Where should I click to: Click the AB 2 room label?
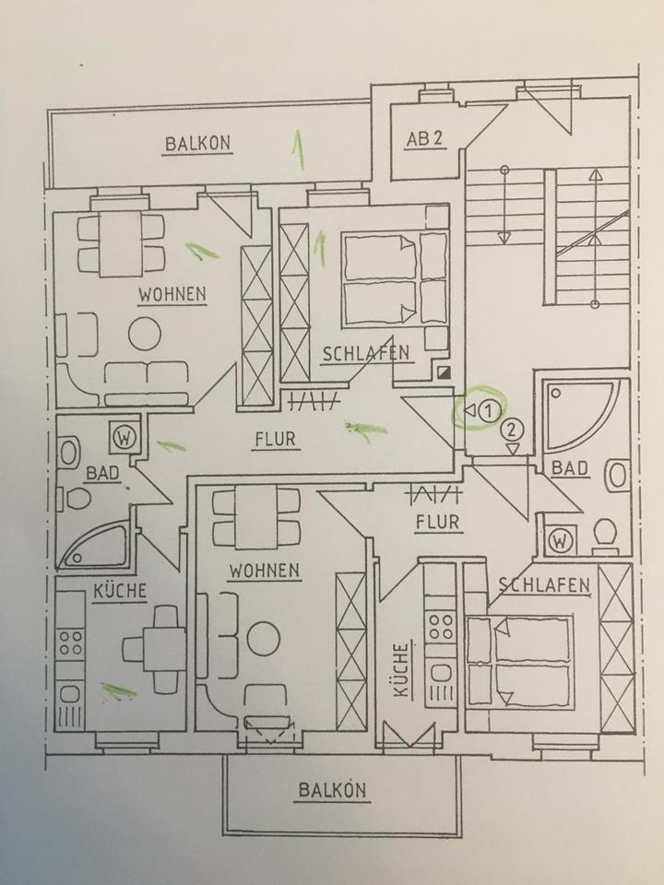pyautogui.click(x=425, y=139)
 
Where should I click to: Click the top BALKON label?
pyautogui.click(x=197, y=144)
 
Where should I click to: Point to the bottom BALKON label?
pyautogui.click(x=333, y=790)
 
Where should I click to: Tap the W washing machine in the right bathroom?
pyautogui.click(x=561, y=540)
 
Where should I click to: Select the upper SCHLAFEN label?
pyautogui.click(x=365, y=353)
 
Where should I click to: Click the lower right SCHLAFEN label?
pyautogui.click(x=544, y=584)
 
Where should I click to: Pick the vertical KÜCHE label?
pyautogui.click(x=401, y=673)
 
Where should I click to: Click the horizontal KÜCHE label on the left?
pyautogui.click(x=119, y=591)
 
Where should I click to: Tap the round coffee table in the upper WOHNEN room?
pyautogui.click(x=145, y=333)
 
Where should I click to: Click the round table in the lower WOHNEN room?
pyautogui.click(x=264, y=637)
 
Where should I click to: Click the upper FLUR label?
pyautogui.click(x=275, y=439)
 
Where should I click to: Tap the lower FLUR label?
pyautogui.click(x=436, y=523)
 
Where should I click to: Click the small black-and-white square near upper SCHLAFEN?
pyautogui.click(x=445, y=373)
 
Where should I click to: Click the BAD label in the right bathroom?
pyautogui.click(x=569, y=469)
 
